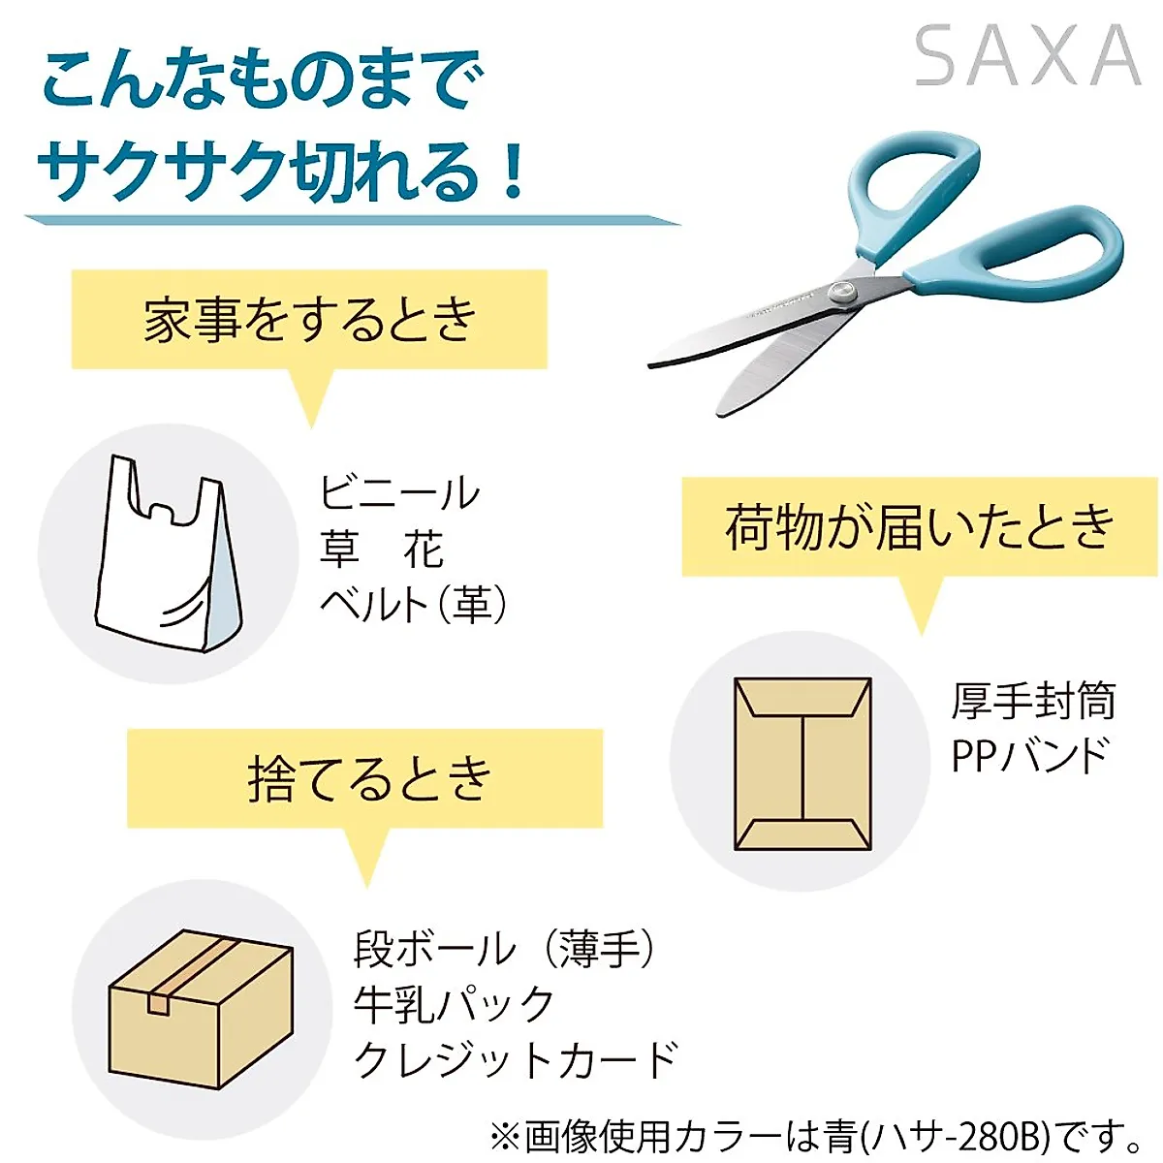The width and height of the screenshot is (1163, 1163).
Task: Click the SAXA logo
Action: click(1027, 57)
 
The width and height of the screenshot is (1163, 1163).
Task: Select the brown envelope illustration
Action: click(802, 764)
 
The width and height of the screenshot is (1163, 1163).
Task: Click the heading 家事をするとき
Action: click(310, 320)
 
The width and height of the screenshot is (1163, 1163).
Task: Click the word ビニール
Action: click(399, 493)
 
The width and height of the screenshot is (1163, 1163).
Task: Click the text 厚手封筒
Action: click(1033, 701)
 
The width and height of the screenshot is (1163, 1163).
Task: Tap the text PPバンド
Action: click(1030, 756)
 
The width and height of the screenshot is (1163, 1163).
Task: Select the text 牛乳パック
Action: click(454, 1004)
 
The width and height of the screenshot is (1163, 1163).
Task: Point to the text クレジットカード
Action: click(516, 1059)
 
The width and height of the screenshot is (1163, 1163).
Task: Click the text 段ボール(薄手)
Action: click(505, 948)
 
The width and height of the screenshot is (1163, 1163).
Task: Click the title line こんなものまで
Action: click(262, 81)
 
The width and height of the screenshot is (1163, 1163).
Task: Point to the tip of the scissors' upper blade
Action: click(651, 364)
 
